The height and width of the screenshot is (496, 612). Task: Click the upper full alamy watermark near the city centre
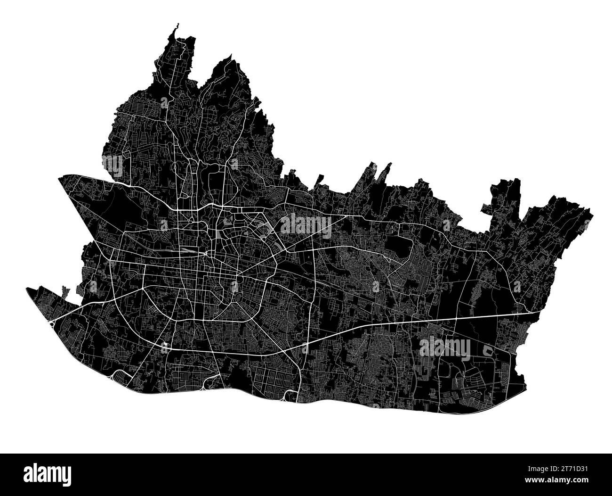(x=306, y=224)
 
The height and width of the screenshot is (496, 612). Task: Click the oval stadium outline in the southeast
(x=488, y=350)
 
